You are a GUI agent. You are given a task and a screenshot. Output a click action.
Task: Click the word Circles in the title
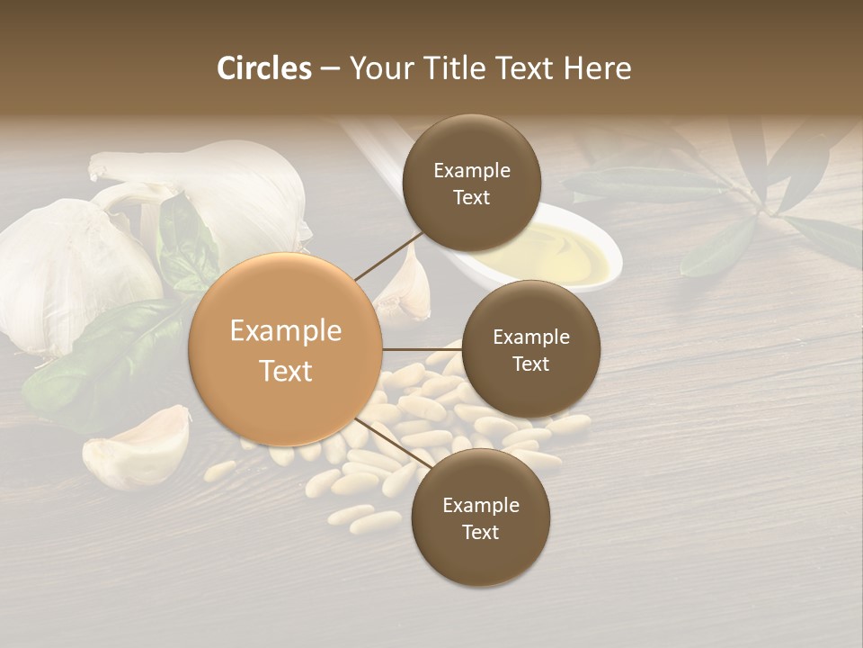click(x=264, y=68)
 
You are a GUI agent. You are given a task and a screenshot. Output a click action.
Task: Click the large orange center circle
click(x=286, y=349)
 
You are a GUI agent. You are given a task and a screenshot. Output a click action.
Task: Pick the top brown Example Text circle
click(x=471, y=184)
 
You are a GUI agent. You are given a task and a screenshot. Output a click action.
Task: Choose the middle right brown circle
click(x=530, y=349)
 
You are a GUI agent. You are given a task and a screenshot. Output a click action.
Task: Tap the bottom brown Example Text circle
click(x=480, y=518)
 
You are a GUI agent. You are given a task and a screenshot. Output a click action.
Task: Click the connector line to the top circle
click(x=388, y=255)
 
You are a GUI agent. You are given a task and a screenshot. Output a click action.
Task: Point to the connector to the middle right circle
click(x=423, y=349)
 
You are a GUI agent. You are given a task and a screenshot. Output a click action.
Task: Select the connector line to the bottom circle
click(x=392, y=443)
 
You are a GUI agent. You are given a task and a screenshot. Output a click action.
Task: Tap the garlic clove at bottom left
click(x=139, y=447)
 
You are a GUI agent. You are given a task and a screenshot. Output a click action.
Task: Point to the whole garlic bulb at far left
click(x=54, y=270)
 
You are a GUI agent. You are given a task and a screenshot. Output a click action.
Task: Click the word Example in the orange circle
click(x=286, y=331)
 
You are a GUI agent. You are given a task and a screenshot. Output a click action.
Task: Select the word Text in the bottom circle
click(x=480, y=533)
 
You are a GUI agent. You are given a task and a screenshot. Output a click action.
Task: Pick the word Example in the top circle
click(x=471, y=171)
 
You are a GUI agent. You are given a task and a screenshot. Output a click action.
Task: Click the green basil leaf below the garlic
click(x=99, y=360)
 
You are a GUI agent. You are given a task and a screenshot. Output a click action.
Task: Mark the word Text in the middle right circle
click(x=530, y=364)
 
